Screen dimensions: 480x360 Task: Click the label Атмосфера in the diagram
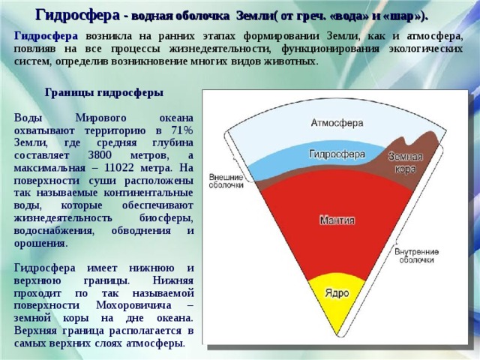[337, 123]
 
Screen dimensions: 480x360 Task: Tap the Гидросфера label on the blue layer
[337, 154]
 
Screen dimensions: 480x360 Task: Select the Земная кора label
[406, 163]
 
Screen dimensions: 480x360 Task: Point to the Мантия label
[337, 220]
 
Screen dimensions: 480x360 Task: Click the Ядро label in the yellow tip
[337, 293]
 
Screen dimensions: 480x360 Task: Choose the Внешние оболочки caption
[226, 181]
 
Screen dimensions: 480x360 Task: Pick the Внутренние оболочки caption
[416, 256]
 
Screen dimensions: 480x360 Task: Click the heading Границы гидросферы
[104, 92]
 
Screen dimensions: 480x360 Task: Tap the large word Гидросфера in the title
[78, 15]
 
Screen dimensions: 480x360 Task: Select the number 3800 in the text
[100, 155]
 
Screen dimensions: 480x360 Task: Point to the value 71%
[182, 130]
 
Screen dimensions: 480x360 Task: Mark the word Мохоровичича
[133, 305]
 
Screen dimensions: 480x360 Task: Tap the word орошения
[40, 244]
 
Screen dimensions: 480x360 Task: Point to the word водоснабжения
[54, 230]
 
